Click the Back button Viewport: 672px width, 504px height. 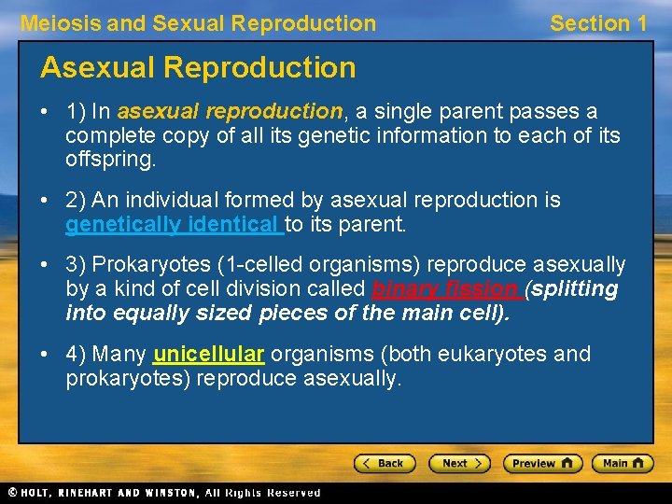point(384,463)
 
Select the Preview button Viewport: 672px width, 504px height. point(542,463)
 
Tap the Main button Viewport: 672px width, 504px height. point(624,463)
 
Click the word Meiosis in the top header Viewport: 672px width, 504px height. point(60,23)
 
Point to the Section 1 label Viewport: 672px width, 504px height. point(598,23)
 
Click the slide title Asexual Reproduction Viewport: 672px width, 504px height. point(198,67)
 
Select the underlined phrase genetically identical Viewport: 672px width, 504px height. point(174,224)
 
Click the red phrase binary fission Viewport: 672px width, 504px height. point(446,289)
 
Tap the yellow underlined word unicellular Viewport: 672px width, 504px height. point(209,355)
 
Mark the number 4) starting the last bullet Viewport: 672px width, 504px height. point(77,355)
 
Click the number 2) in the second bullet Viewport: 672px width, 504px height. point(77,200)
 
